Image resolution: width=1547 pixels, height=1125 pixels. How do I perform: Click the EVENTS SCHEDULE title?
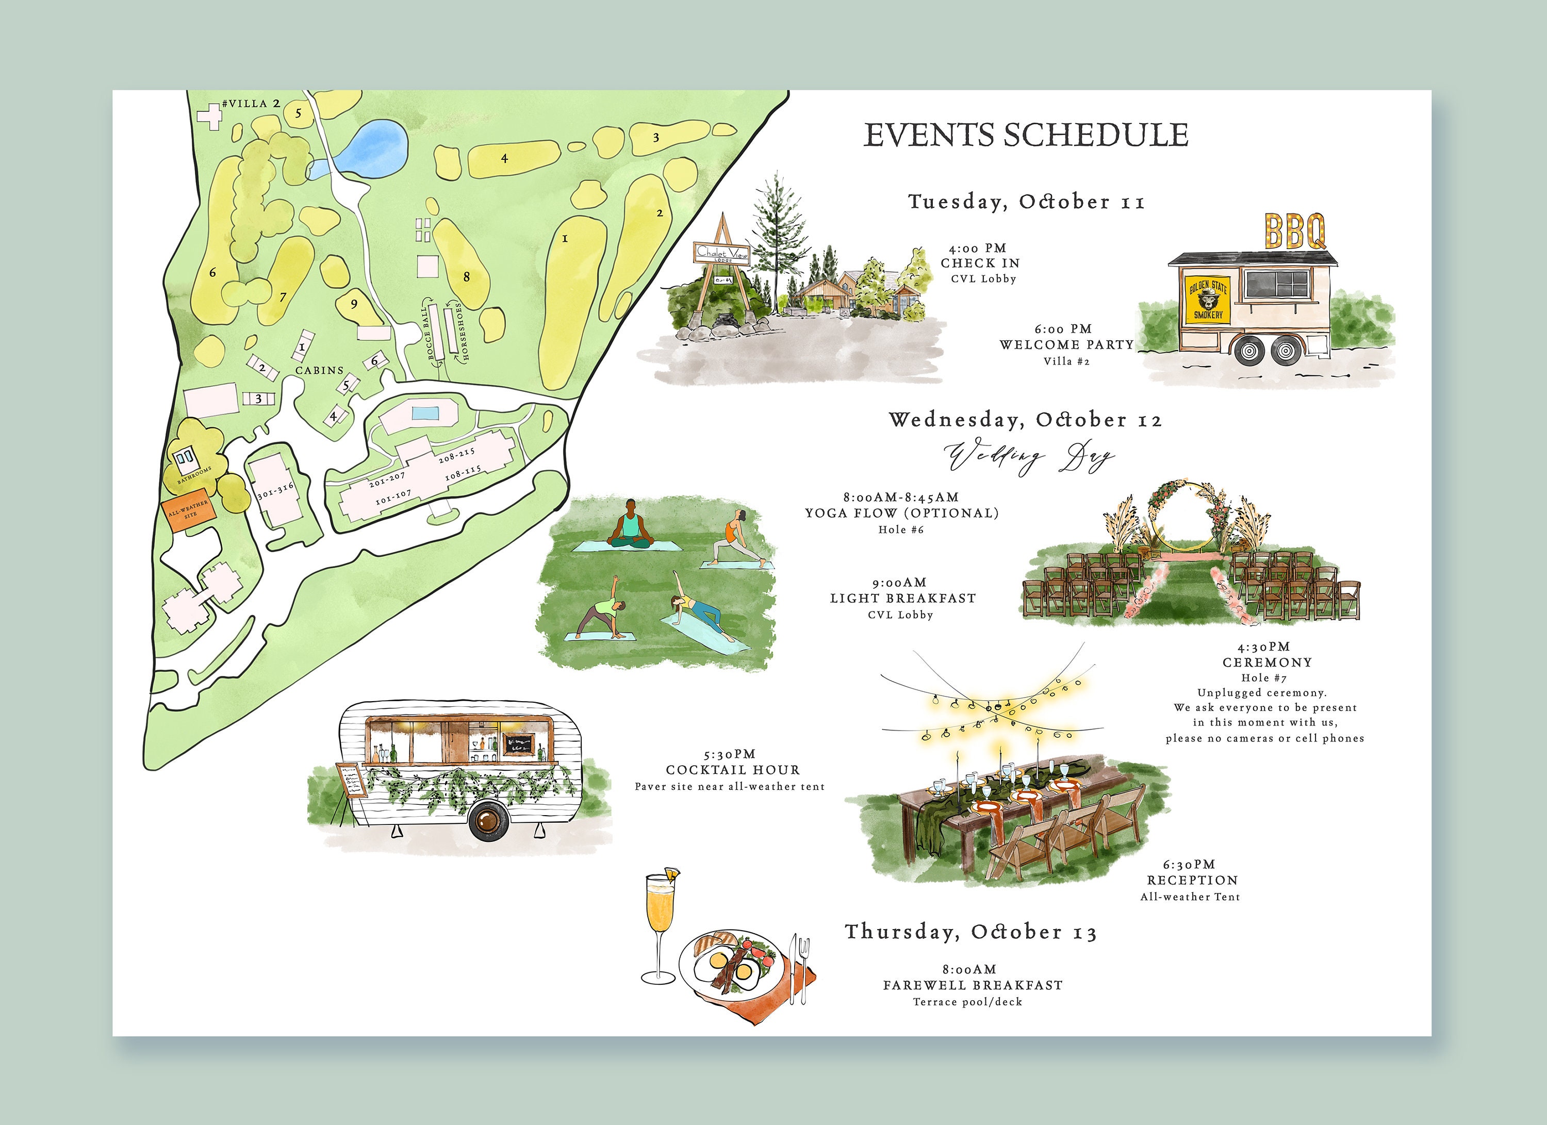coord(1026,135)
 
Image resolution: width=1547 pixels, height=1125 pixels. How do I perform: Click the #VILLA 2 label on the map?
coord(251,104)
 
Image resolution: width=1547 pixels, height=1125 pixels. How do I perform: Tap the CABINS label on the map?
coord(319,370)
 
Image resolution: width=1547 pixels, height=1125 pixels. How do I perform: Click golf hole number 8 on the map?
coord(467,277)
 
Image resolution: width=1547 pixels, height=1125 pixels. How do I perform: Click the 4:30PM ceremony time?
coord(1263,647)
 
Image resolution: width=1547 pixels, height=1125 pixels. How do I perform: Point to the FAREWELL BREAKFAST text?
coord(972,985)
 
